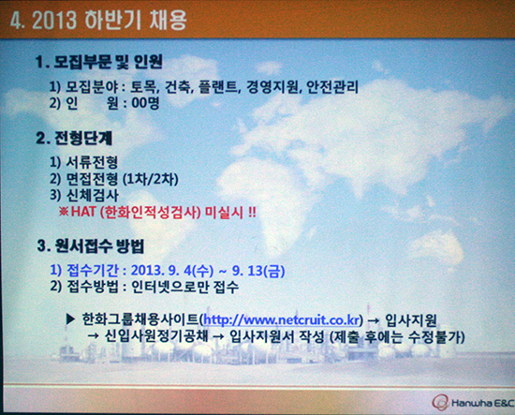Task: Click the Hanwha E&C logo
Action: click(x=473, y=403)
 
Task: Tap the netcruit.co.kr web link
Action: click(x=282, y=320)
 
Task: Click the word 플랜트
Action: click(x=218, y=87)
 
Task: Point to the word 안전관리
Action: click(x=332, y=87)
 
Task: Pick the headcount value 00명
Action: click(x=145, y=103)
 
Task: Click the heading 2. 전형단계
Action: click(x=74, y=139)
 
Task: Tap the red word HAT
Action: click(x=83, y=212)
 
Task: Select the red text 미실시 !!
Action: click(x=230, y=213)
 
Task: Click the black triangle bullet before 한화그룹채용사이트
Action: click(x=71, y=319)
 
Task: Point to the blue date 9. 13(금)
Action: click(x=258, y=271)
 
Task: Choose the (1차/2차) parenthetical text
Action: click(x=151, y=180)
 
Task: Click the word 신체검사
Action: click(x=93, y=196)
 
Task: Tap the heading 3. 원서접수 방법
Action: click(x=91, y=245)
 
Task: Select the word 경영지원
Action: click(x=273, y=87)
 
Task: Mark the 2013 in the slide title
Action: click(x=54, y=20)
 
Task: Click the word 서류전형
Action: click(x=93, y=162)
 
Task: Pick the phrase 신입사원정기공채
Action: click(x=156, y=336)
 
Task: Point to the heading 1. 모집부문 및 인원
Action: click(x=99, y=62)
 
